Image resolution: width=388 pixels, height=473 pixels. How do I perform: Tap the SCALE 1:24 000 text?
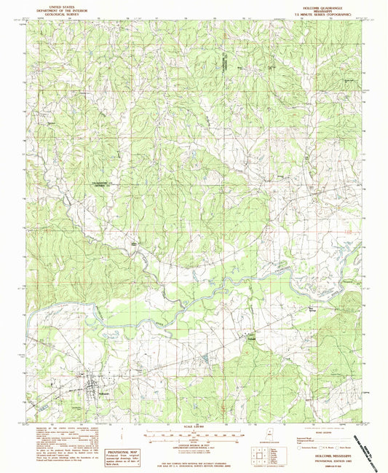click(193, 426)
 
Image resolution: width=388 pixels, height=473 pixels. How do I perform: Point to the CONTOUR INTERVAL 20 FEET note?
click(193, 445)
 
